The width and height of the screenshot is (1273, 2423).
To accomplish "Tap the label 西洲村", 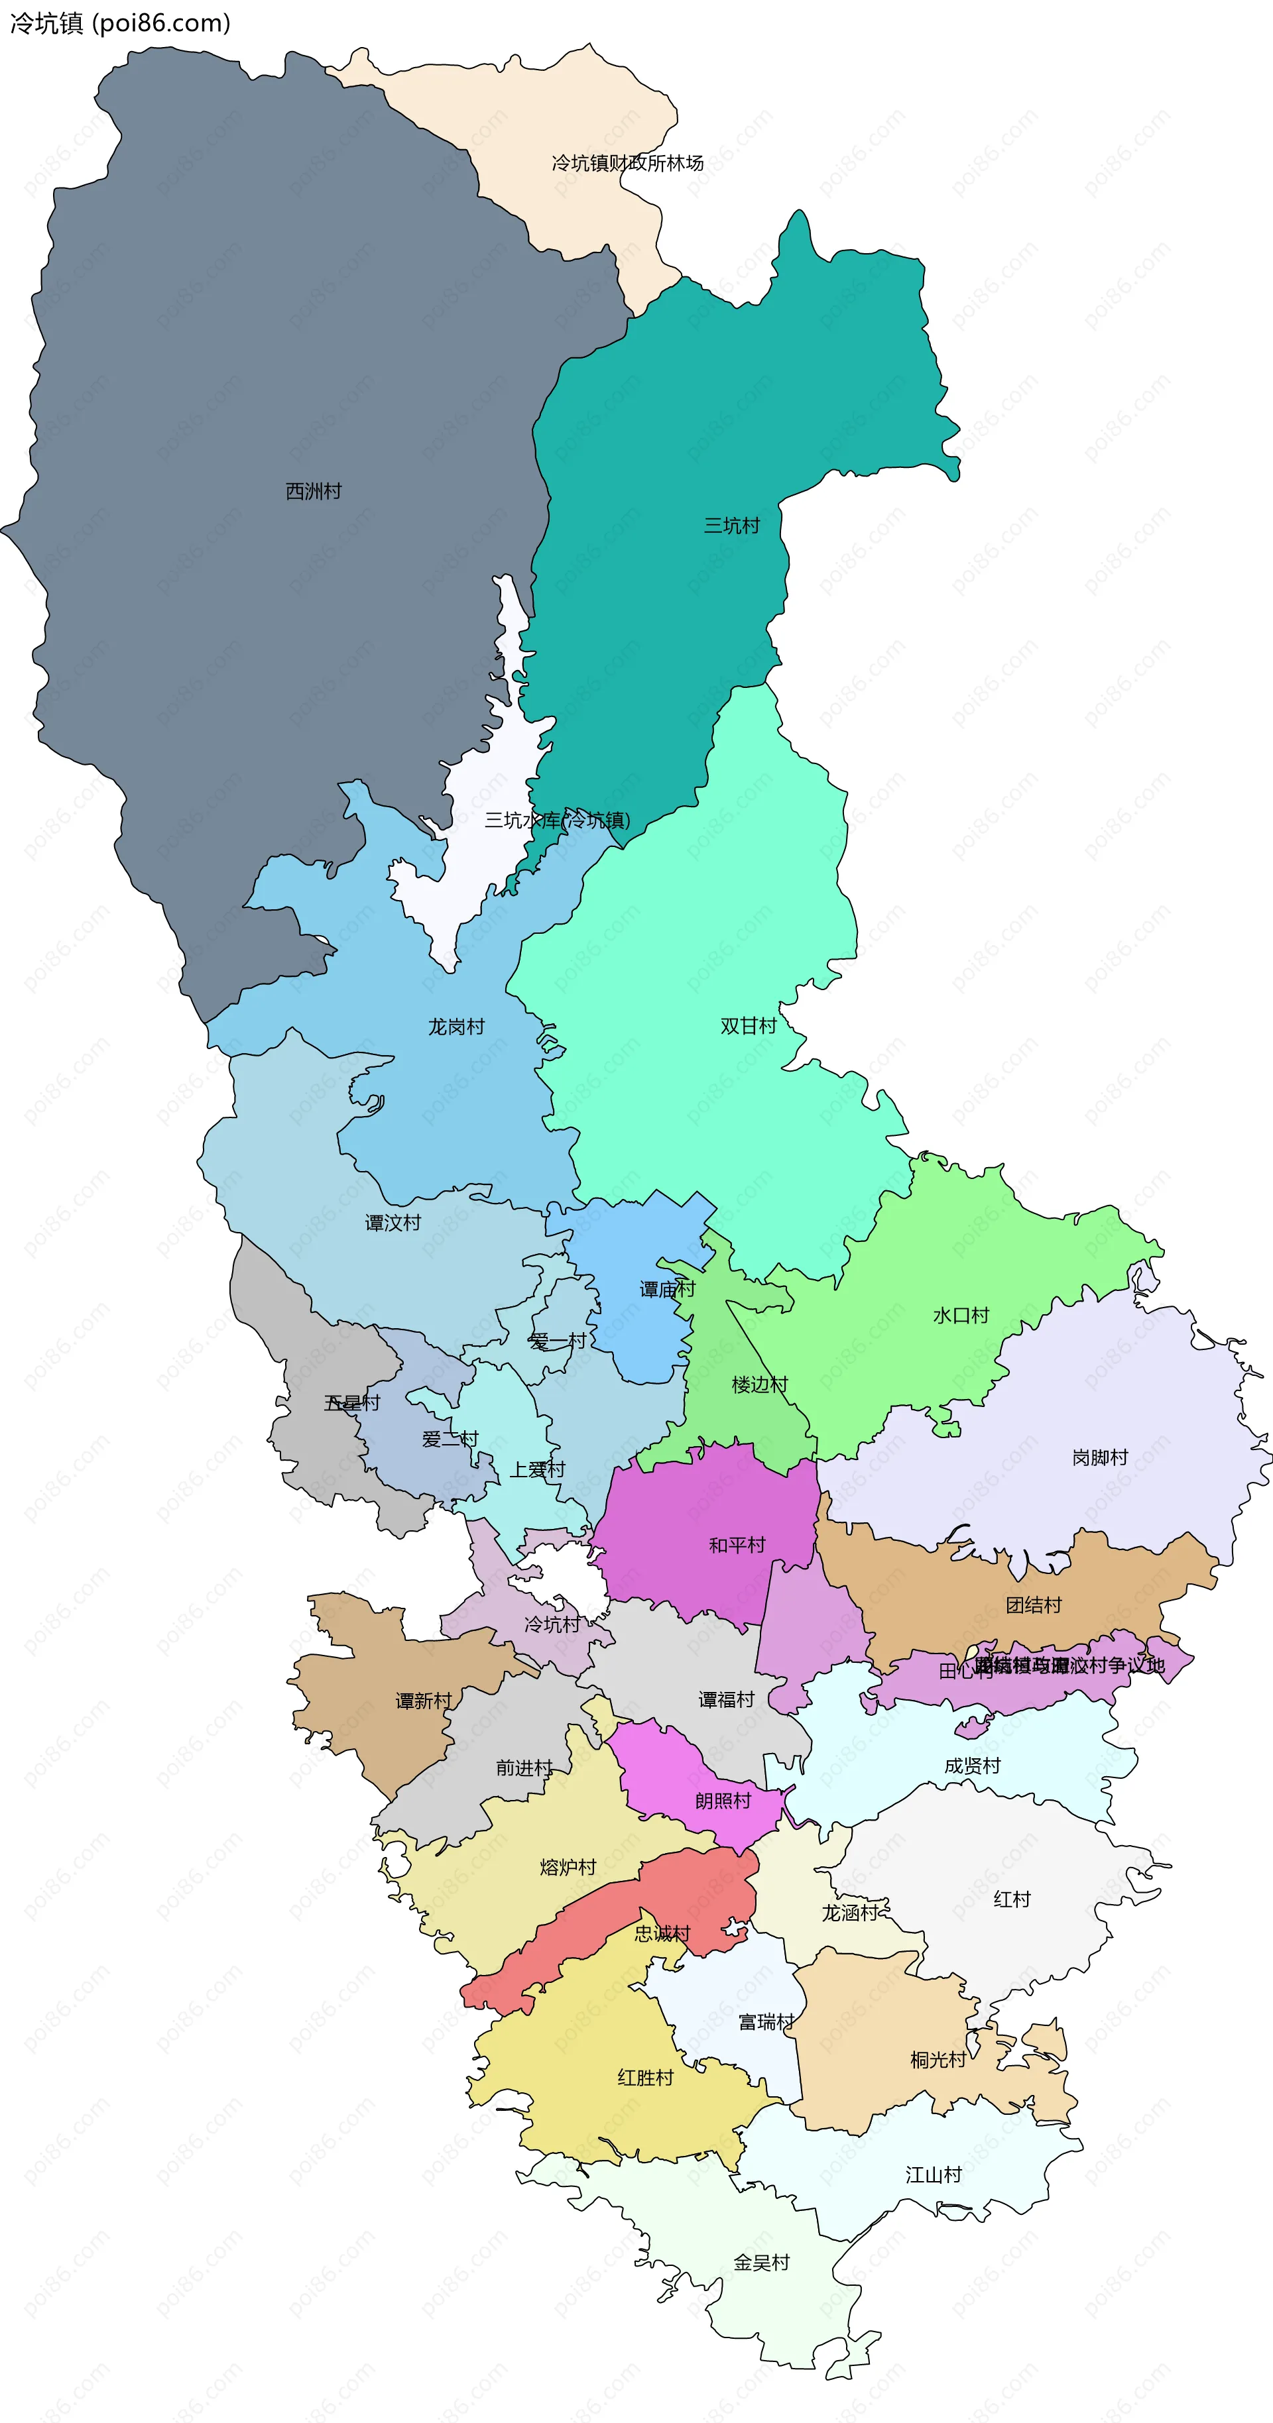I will pyautogui.click(x=314, y=491).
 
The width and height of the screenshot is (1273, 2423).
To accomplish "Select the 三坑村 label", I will pyautogui.click(x=732, y=525).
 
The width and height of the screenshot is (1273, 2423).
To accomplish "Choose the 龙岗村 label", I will pyautogui.click(x=456, y=1026).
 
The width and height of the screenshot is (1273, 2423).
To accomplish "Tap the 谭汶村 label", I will pyautogui.click(x=393, y=1223).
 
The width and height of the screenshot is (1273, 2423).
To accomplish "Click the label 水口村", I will pyautogui.click(x=961, y=1315).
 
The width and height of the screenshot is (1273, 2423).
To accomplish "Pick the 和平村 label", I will pyautogui.click(x=737, y=1544).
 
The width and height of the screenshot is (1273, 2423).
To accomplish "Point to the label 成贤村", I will pyautogui.click(x=973, y=1766).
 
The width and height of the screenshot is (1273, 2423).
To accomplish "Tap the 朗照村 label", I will pyautogui.click(x=723, y=1800).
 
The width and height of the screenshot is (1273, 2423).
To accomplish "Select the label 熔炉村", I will pyautogui.click(x=568, y=1867).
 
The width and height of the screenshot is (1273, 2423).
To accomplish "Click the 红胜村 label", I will pyautogui.click(x=645, y=2077).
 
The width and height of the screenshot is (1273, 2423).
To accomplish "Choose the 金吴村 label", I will pyautogui.click(x=761, y=2262).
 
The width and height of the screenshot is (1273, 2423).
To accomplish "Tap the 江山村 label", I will pyautogui.click(x=934, y=2174).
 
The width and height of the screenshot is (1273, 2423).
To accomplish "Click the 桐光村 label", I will pyautogui.click(x=938, y=2060).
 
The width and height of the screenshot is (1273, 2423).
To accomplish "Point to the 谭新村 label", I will pyautogui.click(x=424, y=1701).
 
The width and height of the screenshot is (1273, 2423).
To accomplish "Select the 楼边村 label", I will pyautogui.click(x=759, y=1384).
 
